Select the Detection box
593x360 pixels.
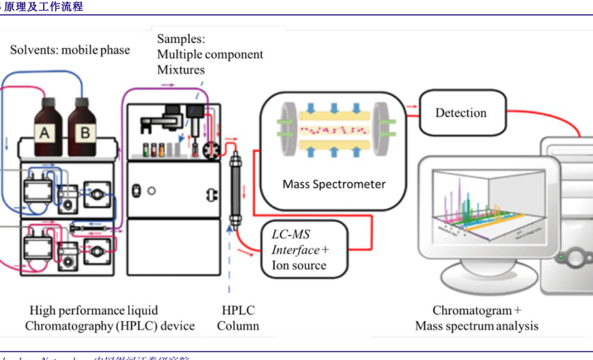(460, 113)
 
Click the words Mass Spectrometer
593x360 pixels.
(334, 184)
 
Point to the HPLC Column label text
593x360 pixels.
(239, 318)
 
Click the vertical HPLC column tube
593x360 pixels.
(235, 189)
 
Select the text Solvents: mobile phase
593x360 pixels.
(70, 50)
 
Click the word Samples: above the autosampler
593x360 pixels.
(181, 39)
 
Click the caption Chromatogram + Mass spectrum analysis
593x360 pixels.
(476, 318)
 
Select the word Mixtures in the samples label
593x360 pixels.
(181, 70)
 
